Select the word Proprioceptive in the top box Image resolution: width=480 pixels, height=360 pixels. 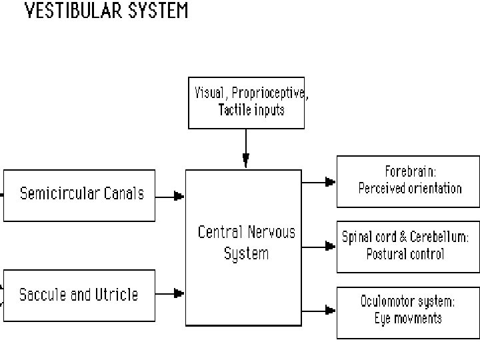point(267,93)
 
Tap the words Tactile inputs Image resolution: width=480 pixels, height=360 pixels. point(251,110)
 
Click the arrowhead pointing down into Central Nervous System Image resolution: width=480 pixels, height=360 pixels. point(246,160)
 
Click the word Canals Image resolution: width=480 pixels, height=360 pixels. point(123,194)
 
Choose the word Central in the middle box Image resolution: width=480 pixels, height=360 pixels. point(220,233)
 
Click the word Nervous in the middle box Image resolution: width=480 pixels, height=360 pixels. point(271,233)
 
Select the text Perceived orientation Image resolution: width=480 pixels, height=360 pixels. point(409,188)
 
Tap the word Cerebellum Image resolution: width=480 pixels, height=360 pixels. point(441,237)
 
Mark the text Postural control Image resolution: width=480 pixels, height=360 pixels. point(405,254)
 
